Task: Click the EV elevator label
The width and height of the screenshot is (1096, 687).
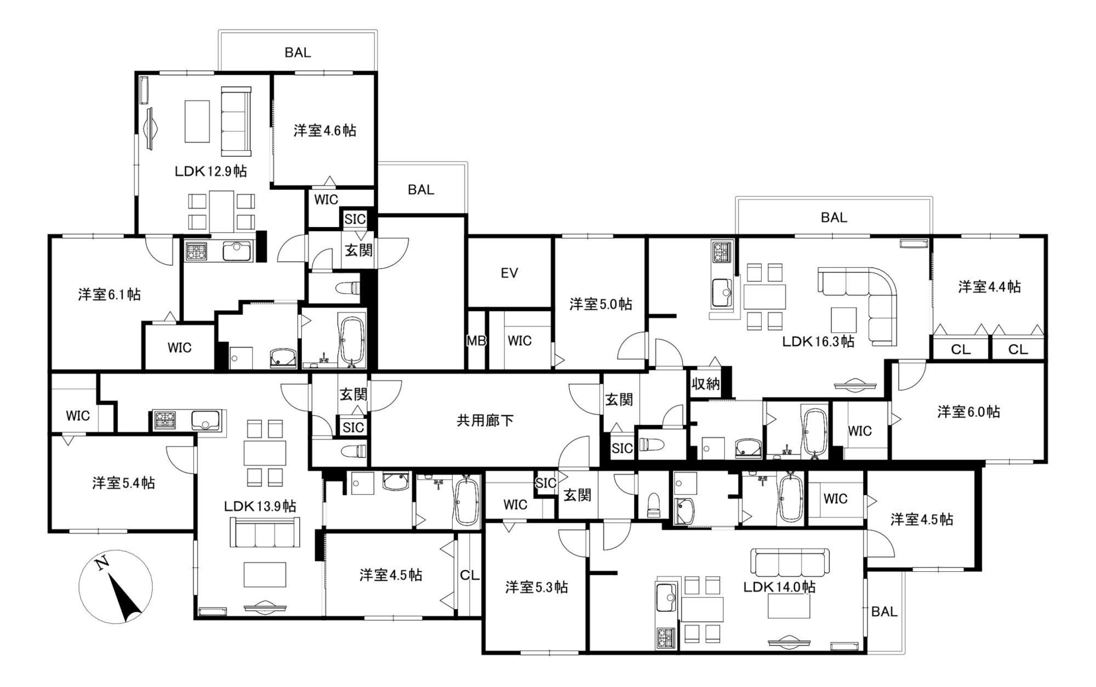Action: (509, 273)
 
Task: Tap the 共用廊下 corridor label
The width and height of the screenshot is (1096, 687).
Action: (486, 421)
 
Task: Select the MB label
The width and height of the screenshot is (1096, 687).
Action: (476, 340)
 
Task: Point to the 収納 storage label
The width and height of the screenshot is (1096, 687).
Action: (705, 384)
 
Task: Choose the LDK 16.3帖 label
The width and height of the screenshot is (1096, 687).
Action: (818, 342)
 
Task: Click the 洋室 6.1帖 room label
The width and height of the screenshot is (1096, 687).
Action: (109, 294)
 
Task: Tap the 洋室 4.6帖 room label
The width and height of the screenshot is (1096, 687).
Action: (325, 130)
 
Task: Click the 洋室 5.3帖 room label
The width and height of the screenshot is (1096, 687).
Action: (536, 587)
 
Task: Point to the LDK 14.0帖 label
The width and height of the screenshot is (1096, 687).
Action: (779, 587)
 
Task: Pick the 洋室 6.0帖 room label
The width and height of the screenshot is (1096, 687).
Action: (968, 412)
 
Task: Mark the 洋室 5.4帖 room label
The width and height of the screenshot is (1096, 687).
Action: (123, 483)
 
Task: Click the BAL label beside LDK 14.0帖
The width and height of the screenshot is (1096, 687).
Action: (884, 611)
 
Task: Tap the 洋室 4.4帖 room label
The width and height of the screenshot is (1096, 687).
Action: (989, 287)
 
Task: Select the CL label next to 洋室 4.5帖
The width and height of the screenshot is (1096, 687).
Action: (470, 575)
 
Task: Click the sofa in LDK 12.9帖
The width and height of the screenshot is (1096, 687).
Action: (236, 121)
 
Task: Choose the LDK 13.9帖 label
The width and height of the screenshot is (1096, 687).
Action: (260, 506)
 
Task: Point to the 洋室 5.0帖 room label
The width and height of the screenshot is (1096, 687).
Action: (601, 304)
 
